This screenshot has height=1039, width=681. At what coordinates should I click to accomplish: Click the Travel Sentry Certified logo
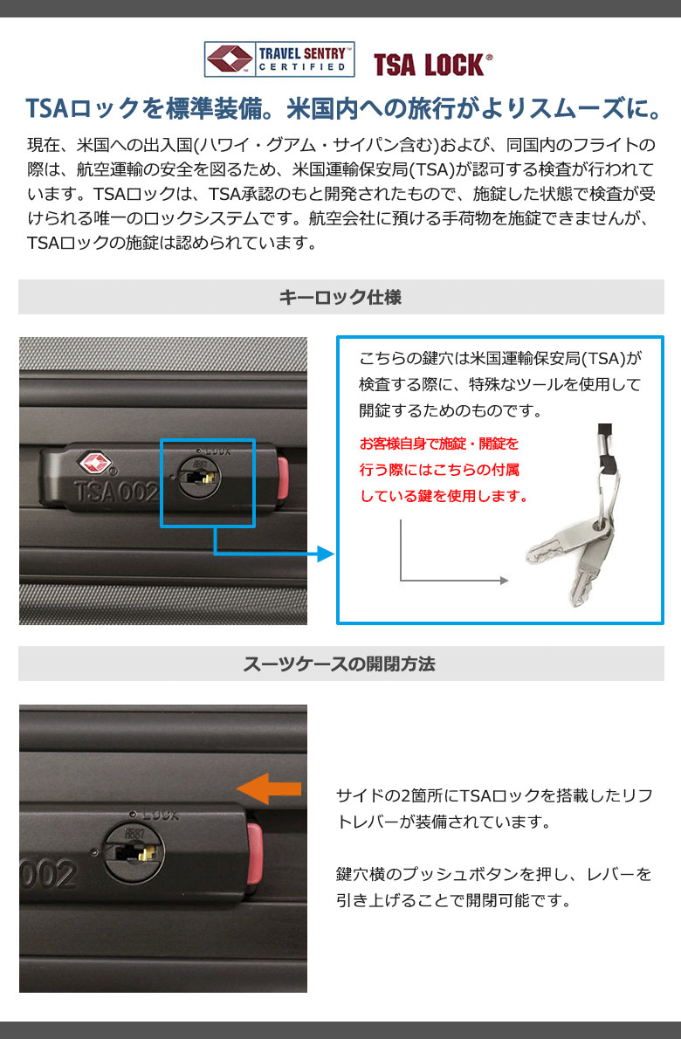pyautogui.click(x=279, y=59)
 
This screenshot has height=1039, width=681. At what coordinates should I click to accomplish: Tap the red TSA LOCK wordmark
pyautogui.click(x=432, y=65)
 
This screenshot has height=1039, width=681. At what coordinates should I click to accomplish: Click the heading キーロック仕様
pyautogui.click(x=340, y=297)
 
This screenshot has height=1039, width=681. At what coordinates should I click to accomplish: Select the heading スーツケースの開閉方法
pyautogui.click(x=339, y=664)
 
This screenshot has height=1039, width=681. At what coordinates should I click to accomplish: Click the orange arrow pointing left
pyautogui.click(x=268, y=788)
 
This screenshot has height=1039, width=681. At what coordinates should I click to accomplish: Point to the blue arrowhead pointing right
pyautogui.click(x=326, y=554)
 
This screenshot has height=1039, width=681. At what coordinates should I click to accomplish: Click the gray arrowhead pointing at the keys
pyautogui.click(x=504, y=581)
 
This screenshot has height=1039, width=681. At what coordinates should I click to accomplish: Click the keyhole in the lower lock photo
pyautogui.click(x=134, y=852)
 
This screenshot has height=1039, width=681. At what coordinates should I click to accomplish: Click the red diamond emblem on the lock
pyautogui.click(x=96, y=464)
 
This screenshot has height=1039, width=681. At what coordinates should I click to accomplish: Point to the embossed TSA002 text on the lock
pyautogui.click(x=117, y=492)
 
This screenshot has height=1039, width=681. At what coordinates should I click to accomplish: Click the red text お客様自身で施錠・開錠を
pyautogui.click(x=439, y=444)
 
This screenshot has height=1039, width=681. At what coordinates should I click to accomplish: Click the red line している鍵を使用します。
pyautogui.click(x=444, y=496)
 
